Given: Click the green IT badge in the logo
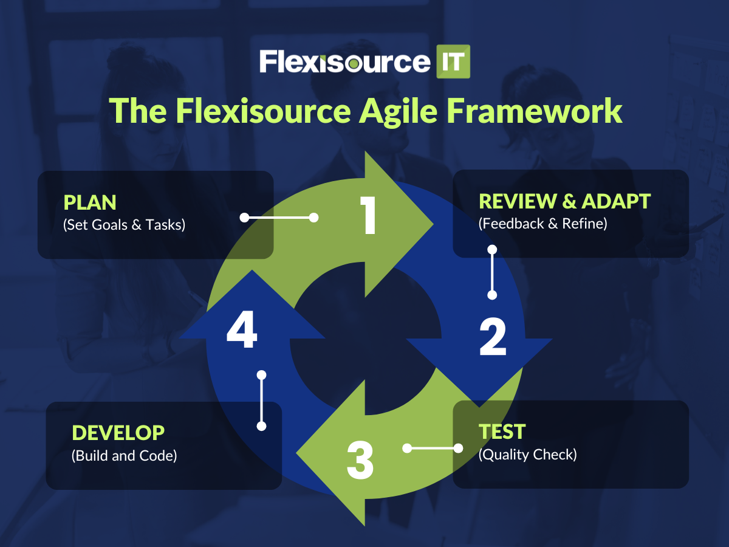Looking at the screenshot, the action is (x=453, y=61).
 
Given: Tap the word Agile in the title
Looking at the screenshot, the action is (x=398, y=112).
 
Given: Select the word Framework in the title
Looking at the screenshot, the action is (x=534, y=111).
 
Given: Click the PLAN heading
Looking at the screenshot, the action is (x=90, y=202).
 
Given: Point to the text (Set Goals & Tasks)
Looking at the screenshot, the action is (x=124, y=225).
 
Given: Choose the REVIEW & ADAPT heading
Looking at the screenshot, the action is (x=564, y=201).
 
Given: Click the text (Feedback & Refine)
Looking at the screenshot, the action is (x=542, y=224).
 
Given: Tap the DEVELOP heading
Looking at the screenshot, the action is (x=118, y=433).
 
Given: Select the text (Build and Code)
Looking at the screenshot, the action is (x=124, y=456).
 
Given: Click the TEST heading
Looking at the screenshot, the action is (x=502, y=432).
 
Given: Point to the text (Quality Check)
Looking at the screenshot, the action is (x=527, y=455).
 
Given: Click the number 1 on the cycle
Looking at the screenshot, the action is (x=368, y=215).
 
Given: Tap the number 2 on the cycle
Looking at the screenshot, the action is (x=493, y=337).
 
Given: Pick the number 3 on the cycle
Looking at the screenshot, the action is (x=360, y=460).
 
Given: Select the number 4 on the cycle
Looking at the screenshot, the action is (x=242, y=329).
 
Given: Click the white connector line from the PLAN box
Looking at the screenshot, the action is (x=279, y=218).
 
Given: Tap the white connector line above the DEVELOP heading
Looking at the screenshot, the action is (x=262, y=401).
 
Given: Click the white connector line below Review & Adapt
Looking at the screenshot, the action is (x=492, y=272).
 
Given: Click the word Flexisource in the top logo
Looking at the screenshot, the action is (x=344, y=62).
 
